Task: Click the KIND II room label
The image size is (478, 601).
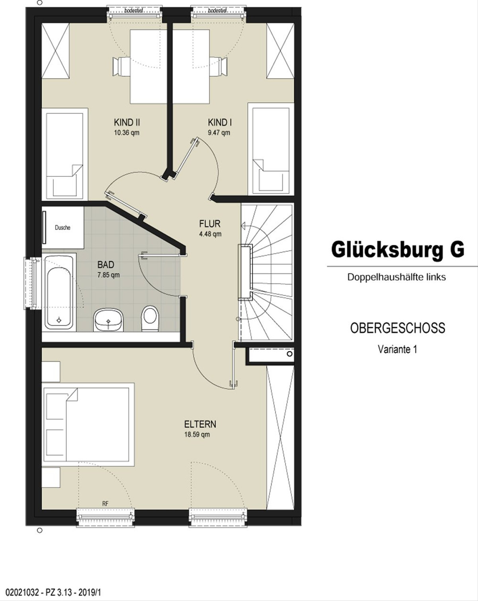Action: (127, 122)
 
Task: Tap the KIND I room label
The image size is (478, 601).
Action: (220, 122)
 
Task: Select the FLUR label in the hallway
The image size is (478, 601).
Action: (210, 223)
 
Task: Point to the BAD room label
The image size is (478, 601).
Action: (106, 264)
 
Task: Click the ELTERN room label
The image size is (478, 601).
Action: (200, 424)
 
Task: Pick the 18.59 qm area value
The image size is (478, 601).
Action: (197, 435)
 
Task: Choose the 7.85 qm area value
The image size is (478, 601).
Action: (108, 275)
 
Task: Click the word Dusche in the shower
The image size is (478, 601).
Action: (63, 227)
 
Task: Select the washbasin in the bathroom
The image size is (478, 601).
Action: (109, 320)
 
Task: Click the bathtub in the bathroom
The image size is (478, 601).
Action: (59, 292)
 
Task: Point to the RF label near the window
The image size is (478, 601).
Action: (105, 504)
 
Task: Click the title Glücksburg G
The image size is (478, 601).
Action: (398, 250)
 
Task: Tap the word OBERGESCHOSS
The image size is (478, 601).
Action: (398, 328)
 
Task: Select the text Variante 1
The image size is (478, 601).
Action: (397, 349)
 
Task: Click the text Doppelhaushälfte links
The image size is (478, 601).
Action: (396, 277)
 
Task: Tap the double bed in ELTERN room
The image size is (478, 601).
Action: (88, 425)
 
